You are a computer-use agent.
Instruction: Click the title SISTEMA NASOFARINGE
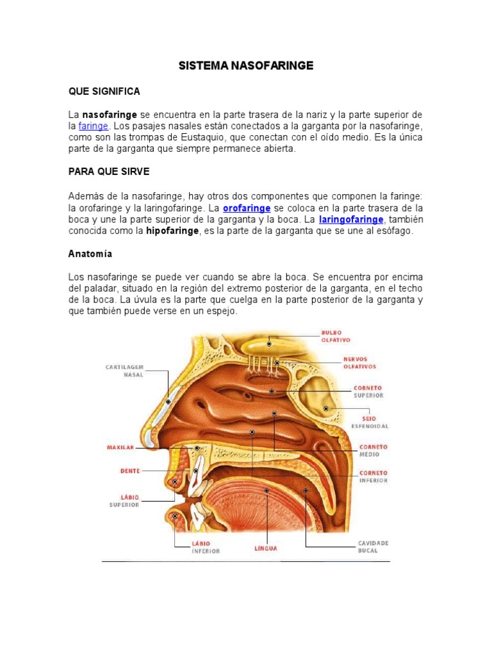[x=245, y=66]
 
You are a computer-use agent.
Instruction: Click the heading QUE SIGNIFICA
[x=104, y=92]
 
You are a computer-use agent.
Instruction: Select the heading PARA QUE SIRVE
[x=109, y=172]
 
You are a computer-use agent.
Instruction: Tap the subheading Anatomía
[x=90, y=254]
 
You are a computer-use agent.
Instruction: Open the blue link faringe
[x=93, y=126]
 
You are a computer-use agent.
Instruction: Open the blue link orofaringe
[x=247, y=209]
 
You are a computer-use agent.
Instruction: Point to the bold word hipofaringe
[x=172, y=231]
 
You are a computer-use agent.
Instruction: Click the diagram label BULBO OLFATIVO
[x=336, y=336]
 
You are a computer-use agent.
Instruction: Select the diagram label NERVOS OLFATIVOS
[x=359, y=363]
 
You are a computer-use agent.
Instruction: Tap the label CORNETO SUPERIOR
[x=368, y=391]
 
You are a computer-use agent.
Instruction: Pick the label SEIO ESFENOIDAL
[x=370, y=422]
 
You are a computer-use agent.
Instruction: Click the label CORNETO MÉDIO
[x=373, y=450]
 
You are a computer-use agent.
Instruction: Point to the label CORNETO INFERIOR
[x=373, y=477]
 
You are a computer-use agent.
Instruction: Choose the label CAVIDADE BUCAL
[x=373, y=546]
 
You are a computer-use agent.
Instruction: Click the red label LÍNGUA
[x=265, y=549]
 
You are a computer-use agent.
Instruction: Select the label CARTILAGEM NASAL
[x=124, y=370]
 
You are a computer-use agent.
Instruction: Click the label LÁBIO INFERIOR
[x=205, y=546]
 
